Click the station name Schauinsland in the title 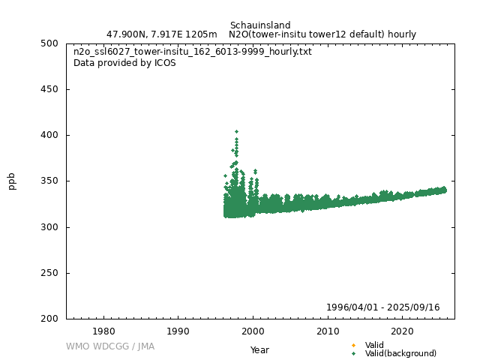260,25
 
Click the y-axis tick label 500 49,43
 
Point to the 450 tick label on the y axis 49,89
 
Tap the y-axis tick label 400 49,135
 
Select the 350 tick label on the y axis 49,181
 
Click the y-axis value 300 49,227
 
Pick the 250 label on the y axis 49,273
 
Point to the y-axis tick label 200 49,319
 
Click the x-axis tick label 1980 103,331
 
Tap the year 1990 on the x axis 178,331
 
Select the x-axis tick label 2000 253,331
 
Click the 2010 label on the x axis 328,331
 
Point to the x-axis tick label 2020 403,331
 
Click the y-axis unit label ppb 12,181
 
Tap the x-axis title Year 260,350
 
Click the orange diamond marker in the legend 353,345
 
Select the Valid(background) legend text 400,353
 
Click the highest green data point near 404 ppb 237,132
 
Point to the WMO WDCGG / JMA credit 110,346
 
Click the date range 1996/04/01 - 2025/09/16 383,307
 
